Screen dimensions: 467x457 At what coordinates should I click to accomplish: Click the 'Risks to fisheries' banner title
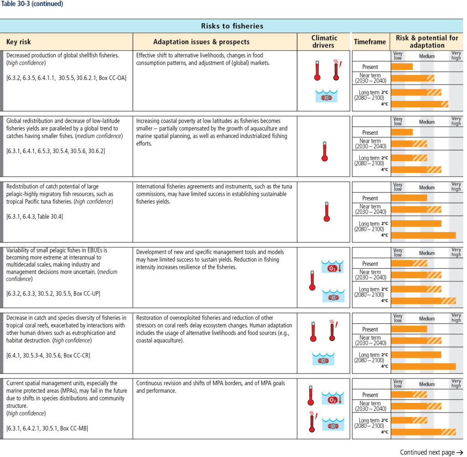point(232,26)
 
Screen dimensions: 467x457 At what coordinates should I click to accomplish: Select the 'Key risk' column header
point(18,42)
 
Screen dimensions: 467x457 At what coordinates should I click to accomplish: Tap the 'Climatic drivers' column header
point(324,42)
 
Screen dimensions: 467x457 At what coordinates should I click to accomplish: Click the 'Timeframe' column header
point(370,42)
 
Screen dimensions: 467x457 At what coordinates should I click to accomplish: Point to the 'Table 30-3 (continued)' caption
point(32,4)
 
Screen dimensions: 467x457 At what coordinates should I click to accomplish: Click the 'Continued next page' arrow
point(460,452)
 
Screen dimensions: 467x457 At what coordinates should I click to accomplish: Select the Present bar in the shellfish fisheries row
point(402,67)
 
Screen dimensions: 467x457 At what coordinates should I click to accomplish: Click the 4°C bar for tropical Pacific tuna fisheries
point(423,235)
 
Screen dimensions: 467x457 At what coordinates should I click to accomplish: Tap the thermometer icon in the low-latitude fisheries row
point(325,151)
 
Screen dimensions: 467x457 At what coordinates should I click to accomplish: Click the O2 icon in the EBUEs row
point(332,267)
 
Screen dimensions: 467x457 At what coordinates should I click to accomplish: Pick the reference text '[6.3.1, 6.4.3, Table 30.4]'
point(35,217)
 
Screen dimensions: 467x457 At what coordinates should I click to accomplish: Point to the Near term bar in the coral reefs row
point(416,341)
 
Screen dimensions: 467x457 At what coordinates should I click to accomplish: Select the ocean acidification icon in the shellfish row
point(327,96)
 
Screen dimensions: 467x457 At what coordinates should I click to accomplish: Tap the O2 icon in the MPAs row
point(332,398)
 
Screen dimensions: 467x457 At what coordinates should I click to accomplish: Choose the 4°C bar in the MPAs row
point(423,432)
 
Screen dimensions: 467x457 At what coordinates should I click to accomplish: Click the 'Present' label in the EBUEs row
point(370,264)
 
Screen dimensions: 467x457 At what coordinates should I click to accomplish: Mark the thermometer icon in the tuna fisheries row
point(327,212)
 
